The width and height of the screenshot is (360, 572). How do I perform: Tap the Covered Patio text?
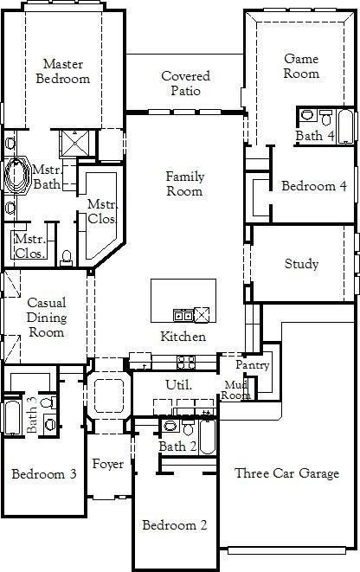[185, 83]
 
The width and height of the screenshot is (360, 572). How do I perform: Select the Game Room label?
[301, 66]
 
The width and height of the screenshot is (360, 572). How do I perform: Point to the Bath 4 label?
[314, 136]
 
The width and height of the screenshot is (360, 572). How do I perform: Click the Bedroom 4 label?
[314, 186]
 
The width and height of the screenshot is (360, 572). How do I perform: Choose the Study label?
[301, 264]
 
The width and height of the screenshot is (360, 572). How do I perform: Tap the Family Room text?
[185, 183]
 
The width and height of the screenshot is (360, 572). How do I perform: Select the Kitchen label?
[183, 337]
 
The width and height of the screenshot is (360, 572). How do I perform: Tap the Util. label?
[177, 383]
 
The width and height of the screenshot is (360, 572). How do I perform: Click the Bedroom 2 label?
[175, 525]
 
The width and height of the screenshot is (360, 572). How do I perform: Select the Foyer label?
[108, 465]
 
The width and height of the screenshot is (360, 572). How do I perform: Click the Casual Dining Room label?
[47, 317]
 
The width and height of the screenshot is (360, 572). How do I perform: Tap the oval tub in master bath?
[17, 174]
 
